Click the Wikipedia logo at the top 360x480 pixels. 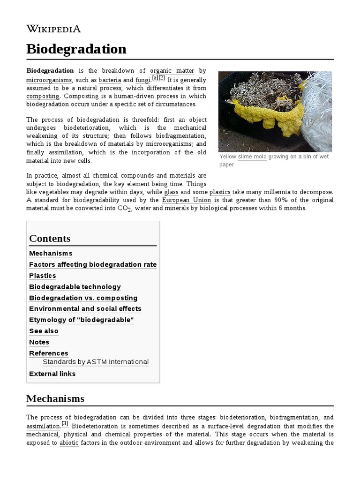53,29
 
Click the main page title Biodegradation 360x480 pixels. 76,49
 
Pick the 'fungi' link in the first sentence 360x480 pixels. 142,80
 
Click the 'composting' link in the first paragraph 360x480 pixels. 43,96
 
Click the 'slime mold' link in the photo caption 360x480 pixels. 252,157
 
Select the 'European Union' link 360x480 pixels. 186,200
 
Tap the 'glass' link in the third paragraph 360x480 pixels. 172,192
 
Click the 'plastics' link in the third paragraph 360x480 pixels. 219,192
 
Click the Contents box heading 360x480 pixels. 50,238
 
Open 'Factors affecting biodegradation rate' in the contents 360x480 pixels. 93,264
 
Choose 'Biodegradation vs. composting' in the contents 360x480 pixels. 83,298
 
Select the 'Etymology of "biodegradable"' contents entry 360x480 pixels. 82,320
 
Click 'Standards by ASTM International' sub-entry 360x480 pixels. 96,362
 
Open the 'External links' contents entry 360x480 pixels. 52,374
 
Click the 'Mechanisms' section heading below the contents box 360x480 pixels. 55,398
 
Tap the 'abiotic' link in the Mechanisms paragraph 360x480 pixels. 69,442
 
